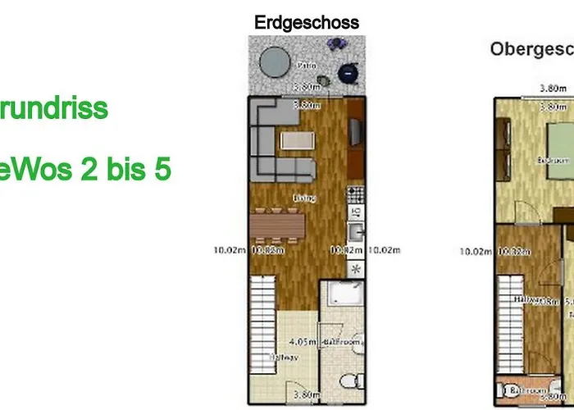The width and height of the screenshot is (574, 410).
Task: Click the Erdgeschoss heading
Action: [307, 22]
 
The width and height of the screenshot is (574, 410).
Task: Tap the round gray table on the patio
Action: [275, 59]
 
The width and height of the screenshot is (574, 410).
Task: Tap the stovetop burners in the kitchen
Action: [355, 196]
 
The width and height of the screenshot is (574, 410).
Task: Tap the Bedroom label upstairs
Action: [553, 161]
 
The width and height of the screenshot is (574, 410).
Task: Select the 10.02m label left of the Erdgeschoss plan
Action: [228, 250]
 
